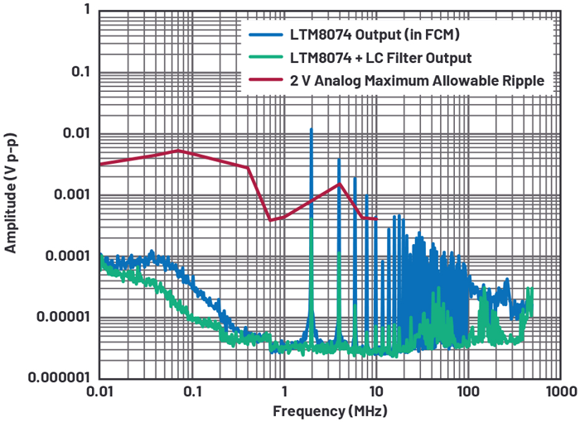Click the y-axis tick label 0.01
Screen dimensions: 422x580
[72, 134]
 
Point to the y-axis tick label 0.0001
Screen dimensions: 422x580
[63, 257]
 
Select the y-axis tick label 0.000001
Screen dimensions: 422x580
[51, 378]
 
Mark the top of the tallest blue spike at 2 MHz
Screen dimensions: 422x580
[311, 129]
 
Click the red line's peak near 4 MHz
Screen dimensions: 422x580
[339, 184]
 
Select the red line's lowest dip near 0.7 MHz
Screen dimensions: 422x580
[270, 221]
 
